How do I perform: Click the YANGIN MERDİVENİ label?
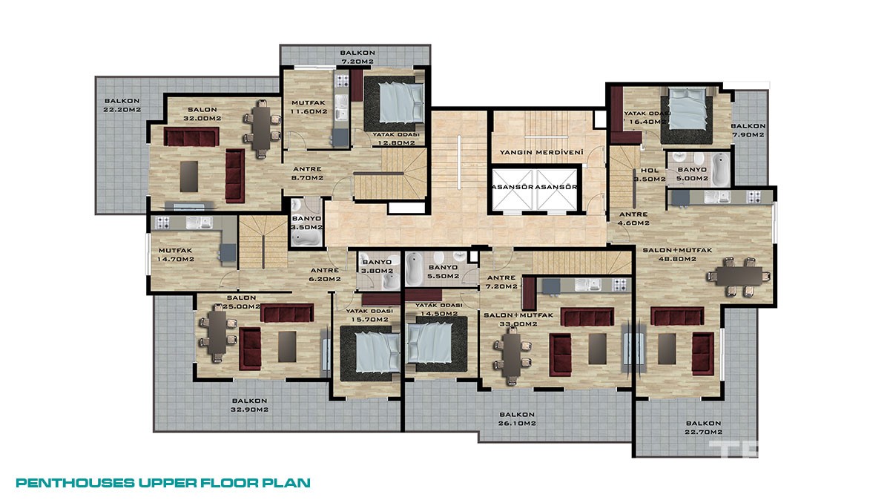click(x=541, y=152)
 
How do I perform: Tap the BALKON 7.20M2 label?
click(x=357, y=57)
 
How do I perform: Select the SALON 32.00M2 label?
click(x=202, y=114)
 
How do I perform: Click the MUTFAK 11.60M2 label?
click(x=309, y=108)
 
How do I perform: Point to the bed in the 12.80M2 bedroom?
click(x=401, y=102)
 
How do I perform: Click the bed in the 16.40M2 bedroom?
click(x=688, y=108)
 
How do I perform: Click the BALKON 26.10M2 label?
click(x=517, y=419)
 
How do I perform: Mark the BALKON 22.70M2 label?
click(x=703, y=427)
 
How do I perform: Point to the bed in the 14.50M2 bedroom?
click(x=430, y=343)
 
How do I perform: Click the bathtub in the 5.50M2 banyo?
click(x=414, y=269)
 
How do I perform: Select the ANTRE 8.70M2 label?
click(x=307, y=174)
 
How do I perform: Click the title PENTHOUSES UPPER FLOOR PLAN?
click(x=163, y=483)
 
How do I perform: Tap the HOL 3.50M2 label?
click(x=650, y=175)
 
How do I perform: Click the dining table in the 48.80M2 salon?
click(x=739, y=276)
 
